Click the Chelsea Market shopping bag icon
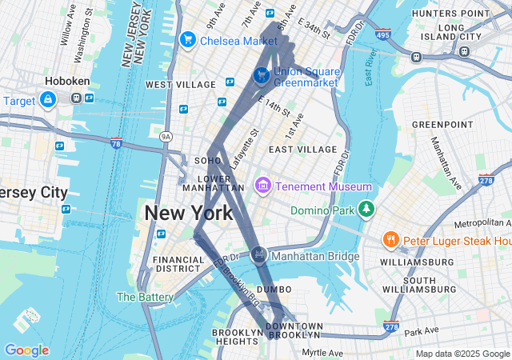point(189,39)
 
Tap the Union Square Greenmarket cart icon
point(261,75)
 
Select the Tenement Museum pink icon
point(262,186)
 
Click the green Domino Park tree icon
point(366,210)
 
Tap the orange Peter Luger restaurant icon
point(390,240)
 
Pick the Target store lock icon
point(48,99)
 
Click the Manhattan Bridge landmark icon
point(258,255)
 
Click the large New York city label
point(189,213)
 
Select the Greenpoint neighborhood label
point(442,125)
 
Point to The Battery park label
point(145,297)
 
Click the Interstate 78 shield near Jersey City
point(116,143)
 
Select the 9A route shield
point(166,137)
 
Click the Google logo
point(26,350)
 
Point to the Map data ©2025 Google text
point(462,354)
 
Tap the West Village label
point(181,84)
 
